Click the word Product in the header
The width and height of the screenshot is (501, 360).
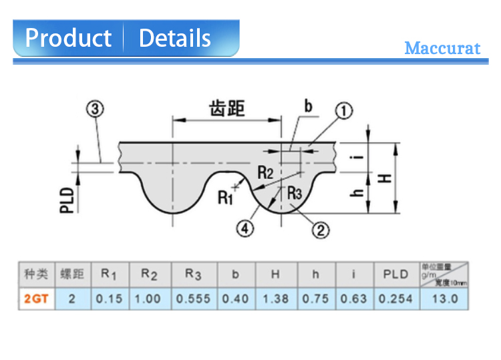coord(68,38)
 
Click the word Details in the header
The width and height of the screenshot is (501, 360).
coord(174,38)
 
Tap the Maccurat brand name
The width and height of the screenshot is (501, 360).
coord(442,49)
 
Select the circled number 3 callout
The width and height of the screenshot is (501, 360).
coord(96,108)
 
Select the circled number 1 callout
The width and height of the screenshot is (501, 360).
coord(343,111)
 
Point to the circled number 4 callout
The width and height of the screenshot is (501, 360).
coord(246,228)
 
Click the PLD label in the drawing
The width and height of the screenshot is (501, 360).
coord(67,200)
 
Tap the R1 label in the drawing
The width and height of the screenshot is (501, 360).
coord(225,197)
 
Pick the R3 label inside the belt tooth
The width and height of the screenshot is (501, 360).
coord(295,192)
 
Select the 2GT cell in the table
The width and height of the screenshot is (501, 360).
coord(36,299)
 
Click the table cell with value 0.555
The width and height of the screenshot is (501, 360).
coord(193,299)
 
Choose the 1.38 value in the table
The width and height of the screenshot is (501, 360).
coord(275,299)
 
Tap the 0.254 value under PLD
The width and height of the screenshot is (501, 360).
coord(395,299)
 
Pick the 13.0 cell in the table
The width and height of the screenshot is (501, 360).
coord(444,299)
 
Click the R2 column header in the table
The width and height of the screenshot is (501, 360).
coord(150,274)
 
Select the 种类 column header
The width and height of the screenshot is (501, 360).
coord(36,274)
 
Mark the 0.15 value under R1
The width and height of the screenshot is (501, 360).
coord(109,299)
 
